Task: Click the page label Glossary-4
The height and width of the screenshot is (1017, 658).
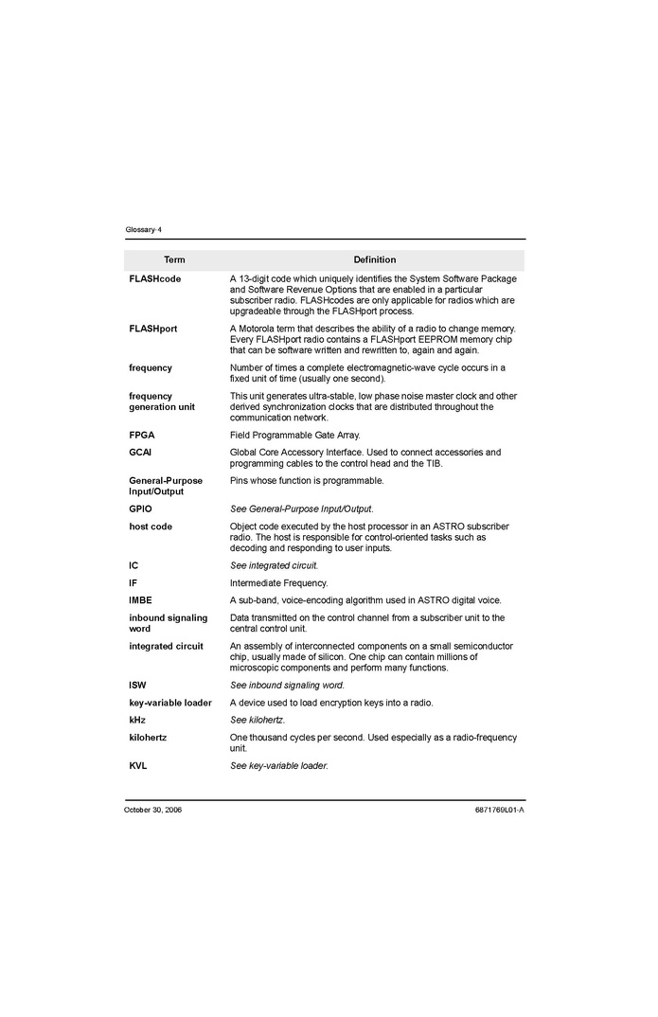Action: [x=143, y=230]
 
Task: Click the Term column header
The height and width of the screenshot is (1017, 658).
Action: [x=174, y=259]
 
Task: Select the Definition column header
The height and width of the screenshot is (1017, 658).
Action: [x=375, y=259]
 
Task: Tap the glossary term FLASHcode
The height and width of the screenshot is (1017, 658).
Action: [x=154, y=279]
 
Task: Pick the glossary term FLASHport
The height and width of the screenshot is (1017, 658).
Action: [x=152, y=329]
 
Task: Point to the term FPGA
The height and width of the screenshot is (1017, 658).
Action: [x=142, y=436]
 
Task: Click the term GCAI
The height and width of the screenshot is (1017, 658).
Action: [x=140, y=453]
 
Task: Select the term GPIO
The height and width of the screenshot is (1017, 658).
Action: [x=140, y=509]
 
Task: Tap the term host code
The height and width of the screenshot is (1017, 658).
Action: [x=151, y=526]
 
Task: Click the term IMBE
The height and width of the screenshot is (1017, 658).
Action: [x=140, y=600]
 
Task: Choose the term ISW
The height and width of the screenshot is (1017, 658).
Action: [x=137, y=685]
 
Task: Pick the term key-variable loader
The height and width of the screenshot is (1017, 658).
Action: [x=170, y=703]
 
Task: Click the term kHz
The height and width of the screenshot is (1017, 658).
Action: [x=138, y=720]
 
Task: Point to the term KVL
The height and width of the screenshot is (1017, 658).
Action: [x=138, y=765]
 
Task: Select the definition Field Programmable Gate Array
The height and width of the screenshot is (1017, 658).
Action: [x=294, y=436]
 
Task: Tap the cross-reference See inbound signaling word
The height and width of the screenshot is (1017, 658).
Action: [x=287, y=685]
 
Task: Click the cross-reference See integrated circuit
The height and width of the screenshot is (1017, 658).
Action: [x=274, y=565]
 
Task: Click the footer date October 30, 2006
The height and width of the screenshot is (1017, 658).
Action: [x=152, y=810]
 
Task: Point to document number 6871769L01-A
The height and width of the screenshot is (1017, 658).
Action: [x=499, y=810]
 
